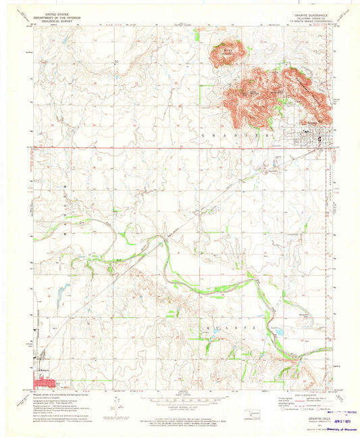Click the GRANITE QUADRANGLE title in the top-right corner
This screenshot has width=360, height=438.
311,12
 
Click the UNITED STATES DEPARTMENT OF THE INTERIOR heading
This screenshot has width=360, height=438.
57,14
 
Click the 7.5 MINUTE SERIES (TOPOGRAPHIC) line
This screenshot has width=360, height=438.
311,20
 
